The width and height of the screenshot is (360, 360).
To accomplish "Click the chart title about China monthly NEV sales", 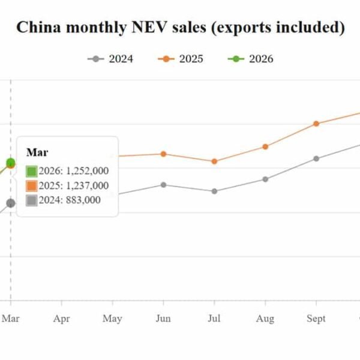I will [180, 28].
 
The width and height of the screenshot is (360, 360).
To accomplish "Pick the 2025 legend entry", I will [180, 59].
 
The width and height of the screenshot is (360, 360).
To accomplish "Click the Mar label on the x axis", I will [10, 319].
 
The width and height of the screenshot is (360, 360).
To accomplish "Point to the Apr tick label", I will [62, 319].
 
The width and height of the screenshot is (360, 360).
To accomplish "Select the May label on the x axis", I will [112, 319].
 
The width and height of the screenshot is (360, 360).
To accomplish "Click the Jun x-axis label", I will [163, 319].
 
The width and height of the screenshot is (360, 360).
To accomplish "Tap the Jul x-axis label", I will [214, 319].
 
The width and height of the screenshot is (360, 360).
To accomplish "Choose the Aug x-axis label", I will [265, 319].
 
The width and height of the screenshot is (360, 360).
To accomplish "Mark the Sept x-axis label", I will [316, 319].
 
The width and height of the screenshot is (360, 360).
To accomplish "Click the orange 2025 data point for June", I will [163, 154].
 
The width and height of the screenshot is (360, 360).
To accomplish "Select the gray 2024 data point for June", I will [163, 185].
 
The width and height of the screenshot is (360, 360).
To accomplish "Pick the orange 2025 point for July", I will [214, 161].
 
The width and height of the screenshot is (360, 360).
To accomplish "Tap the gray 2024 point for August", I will [265, 179].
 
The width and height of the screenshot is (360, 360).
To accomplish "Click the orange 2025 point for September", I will [316, 124].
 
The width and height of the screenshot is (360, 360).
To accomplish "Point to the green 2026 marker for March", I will [10, 163].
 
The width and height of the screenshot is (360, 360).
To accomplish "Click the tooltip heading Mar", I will [37, 152].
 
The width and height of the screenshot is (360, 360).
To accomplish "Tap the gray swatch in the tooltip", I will [32, 200].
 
